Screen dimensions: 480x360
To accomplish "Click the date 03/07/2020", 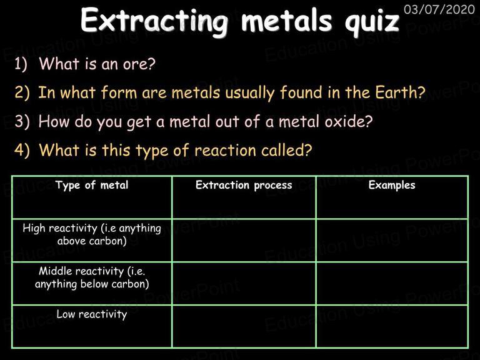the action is pyautogui.click(x=439, y=9).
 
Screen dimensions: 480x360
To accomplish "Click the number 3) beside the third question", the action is pyautogui.click(x=22, y=121).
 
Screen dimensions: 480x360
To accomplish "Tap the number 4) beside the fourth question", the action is pyautogui.click(x=22, y=150).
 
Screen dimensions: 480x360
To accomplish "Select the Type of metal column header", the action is pyautogui.click(x=92, y=185).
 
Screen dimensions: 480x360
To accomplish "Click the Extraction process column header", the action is pyautogui.click(x=244, y=185).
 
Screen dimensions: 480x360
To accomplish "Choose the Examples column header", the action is pyautogui.click(x=392, y=185).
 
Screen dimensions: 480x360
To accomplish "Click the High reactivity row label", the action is pyautogui.click(x=92, y=234).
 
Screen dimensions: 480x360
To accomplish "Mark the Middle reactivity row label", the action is pyautogui.click(x=92, y=277).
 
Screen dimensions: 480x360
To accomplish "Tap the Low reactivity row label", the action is pyautogui.click(x=92, y=314).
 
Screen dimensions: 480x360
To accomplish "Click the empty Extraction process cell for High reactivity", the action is pyautogui.click(x=244, y=240).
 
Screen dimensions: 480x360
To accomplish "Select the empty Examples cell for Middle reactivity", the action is pyautogui.click(x=392, y=283).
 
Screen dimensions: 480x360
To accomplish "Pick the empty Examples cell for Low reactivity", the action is pyautogui.click(x=392, y=326).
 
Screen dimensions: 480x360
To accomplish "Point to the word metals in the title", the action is pyautogui.click(x=286, y=21).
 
